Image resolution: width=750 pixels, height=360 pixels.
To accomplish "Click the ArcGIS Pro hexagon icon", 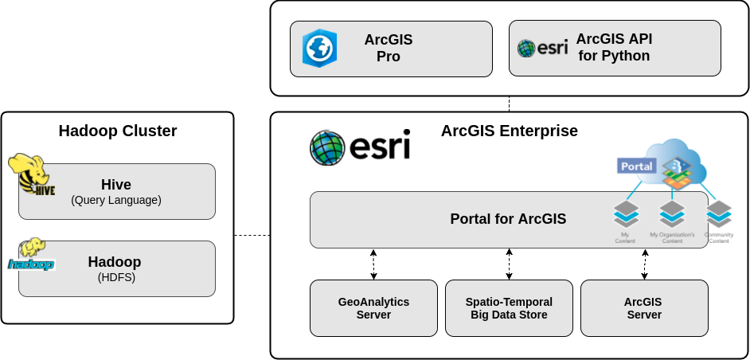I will pos(319,48).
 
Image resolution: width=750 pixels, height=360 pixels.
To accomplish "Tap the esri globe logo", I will pos(526,49).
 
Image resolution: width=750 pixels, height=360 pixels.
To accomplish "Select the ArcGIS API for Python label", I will pos(614,48).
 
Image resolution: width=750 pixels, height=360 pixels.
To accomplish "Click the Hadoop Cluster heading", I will pos(118,131).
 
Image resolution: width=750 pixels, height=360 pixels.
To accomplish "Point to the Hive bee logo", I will pos(30,175).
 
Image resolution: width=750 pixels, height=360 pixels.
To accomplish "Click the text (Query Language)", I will pos(116,201).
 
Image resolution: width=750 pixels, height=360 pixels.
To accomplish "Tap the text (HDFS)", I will pos(116,278).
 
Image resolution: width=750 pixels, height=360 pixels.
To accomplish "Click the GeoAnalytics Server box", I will pos(373,307).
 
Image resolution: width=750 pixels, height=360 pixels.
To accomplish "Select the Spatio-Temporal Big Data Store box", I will pos(509,307).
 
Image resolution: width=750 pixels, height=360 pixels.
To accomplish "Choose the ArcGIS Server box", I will pos(644,307).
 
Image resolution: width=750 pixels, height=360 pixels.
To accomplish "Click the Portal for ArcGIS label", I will pos(508,219).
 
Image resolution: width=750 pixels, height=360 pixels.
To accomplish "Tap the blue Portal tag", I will pos(636,166).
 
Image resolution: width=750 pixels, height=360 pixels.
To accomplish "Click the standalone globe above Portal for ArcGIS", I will pos(327,147).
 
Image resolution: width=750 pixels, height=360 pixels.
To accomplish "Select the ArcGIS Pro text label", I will pos(389,48).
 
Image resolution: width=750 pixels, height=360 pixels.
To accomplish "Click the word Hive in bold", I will pos(116,185).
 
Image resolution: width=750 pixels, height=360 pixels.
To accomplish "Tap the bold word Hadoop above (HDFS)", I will pos(115,262).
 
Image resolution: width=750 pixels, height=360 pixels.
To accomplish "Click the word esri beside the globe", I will pos(553,48).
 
